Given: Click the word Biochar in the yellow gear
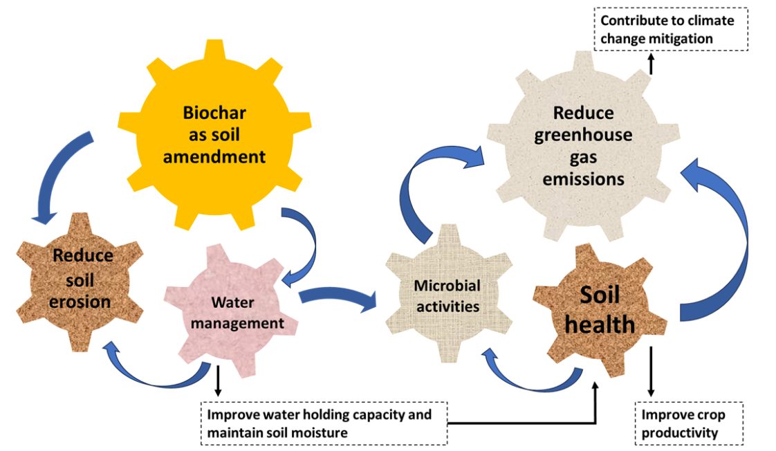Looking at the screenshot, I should [214, 112].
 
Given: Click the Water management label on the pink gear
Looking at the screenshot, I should [237, 313].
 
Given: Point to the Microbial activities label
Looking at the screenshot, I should [447, 295].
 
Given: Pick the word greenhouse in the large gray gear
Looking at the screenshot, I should [583, 135].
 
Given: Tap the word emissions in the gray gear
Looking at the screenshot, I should [583, 179].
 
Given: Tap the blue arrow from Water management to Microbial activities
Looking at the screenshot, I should [338, 299].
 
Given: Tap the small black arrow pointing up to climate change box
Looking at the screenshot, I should [650, 64].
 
